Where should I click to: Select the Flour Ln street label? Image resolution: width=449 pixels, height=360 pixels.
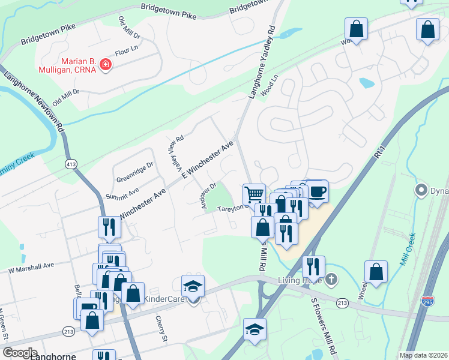[x=126, y=52]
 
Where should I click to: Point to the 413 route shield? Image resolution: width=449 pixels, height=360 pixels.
[x=71, y=163]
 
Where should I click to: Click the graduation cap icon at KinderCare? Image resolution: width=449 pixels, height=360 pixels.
[x=193, y=286]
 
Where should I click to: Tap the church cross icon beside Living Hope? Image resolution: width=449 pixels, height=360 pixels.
[x=332, y=280]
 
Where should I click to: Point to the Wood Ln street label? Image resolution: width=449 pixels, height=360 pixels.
[x=273, y=85]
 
